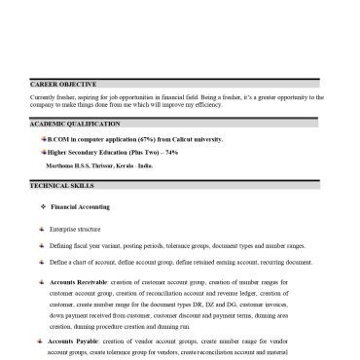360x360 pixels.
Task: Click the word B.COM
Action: point(58,141)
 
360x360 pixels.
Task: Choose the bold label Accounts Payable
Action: point(69,342)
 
